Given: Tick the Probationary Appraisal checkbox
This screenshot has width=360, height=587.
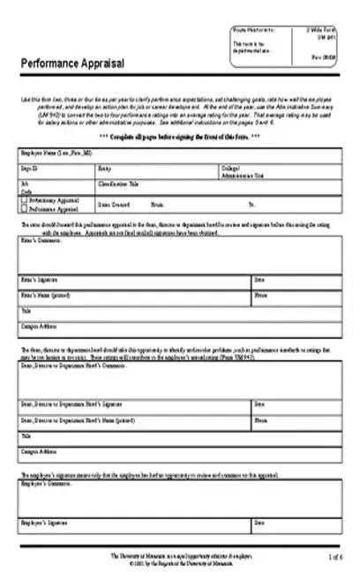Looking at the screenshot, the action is coord(22,200).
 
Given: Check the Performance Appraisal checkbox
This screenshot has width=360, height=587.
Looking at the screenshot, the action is coord(22,209).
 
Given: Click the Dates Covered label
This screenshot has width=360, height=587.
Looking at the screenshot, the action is coord(115,203).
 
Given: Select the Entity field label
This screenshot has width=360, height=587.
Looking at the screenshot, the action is coord(105,166).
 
